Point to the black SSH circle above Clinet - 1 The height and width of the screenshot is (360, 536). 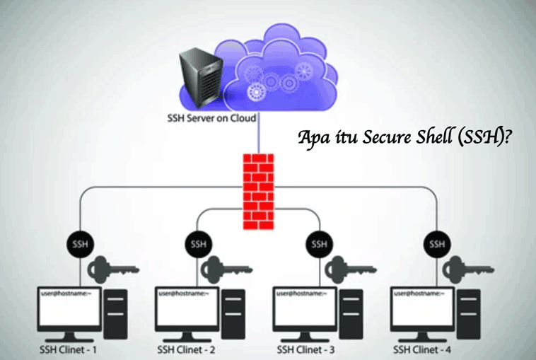click(x=79, y=245)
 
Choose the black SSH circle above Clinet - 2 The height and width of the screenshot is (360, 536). click(x=198, y=245)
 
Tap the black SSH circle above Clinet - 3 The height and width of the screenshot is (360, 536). click(x=318, y=245)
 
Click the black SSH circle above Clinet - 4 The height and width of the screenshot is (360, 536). click(x=437, y=245)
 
